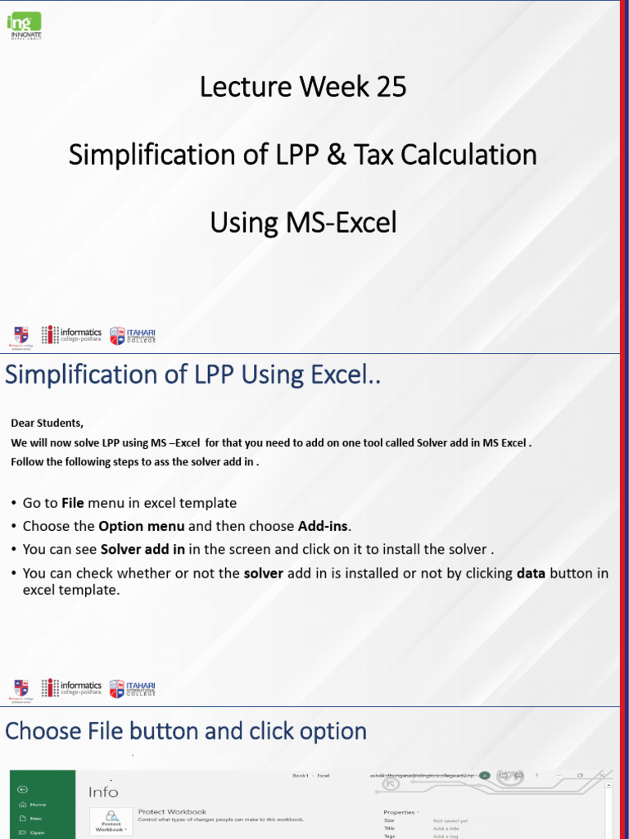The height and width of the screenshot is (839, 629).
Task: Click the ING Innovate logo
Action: (x=24, y=25)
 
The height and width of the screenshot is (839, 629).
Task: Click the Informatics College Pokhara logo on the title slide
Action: (x=72, y=334)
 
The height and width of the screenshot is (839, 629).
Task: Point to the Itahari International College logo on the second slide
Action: (x=133, y=688)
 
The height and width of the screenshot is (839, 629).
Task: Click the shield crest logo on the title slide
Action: (x=20, y=334)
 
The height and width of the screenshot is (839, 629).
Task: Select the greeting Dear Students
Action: (x=47, y=424)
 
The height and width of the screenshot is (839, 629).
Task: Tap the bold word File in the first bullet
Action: (x=73, y=503)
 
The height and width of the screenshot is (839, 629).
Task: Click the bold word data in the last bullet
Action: (x=531, y=574)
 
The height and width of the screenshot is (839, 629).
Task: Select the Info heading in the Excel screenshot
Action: (x=103, y=791)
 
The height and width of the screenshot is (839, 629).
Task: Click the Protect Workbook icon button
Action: (x=111, y=820)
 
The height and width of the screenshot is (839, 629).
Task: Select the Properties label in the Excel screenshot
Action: (x=400, y=812)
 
